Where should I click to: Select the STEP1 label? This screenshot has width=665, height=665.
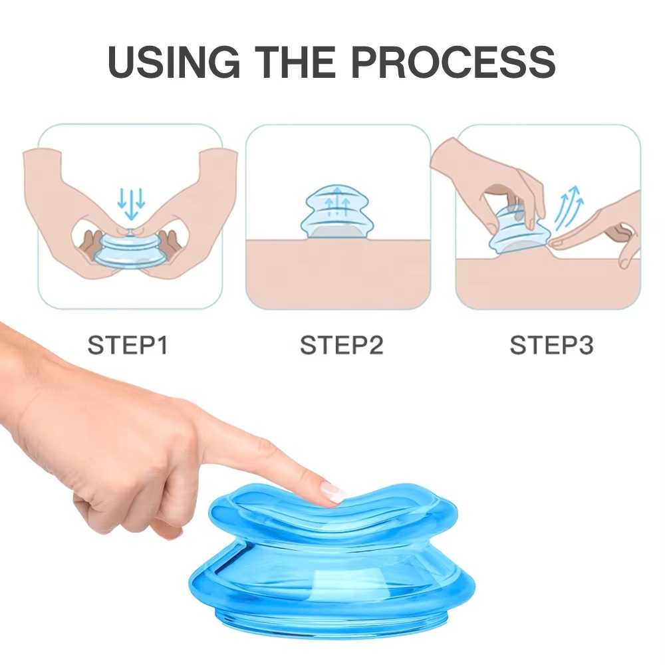click(x=128, y=346)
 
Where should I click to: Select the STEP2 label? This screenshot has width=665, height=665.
click(x=341, y=346)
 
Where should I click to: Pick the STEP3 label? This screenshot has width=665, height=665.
click(x=551, y=346)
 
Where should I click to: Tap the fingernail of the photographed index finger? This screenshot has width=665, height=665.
click(x=332, y=493)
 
